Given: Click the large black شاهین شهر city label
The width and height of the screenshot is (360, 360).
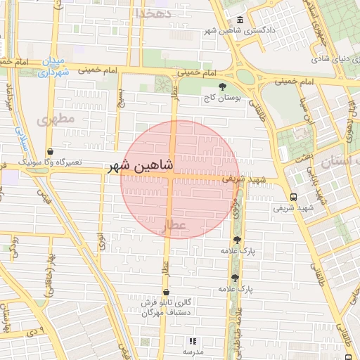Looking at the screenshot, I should (x=140, y=167).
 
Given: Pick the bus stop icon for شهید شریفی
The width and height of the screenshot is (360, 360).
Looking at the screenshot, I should (x=292, y=198).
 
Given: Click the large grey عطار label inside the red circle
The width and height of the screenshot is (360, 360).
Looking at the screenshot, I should (x=176, y=226).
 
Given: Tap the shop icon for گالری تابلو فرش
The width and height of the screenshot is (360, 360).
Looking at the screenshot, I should (x=166, y=292).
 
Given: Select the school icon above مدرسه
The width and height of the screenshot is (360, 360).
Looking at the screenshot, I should (x=193, y=341).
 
